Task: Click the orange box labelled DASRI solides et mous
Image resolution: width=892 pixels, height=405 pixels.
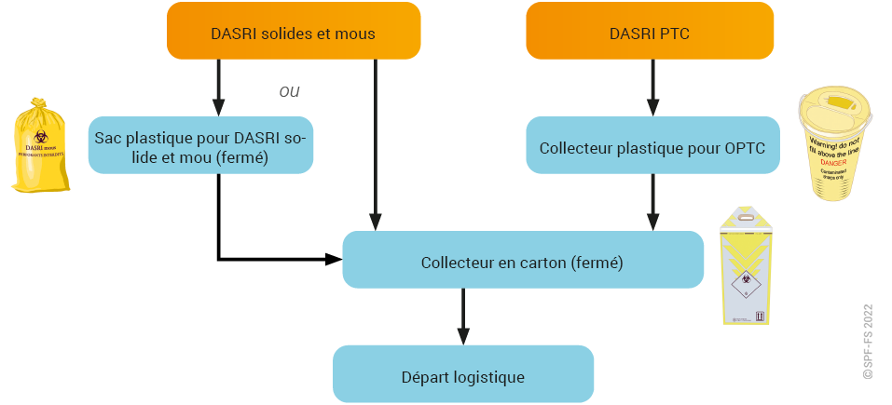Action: (293, 34)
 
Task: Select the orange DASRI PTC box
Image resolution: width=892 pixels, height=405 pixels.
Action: (649, 34)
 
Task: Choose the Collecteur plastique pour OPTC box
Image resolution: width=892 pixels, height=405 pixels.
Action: (652, 147)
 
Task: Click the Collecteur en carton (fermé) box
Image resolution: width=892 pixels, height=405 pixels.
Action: (521, 263)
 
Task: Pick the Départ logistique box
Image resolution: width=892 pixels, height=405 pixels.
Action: (462, 377)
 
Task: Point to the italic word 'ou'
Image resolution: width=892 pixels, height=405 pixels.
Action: (290, 91)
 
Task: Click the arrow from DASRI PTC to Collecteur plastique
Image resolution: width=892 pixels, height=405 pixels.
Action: (651, 88)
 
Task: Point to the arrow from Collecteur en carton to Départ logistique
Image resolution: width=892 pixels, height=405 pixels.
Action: (463, 317)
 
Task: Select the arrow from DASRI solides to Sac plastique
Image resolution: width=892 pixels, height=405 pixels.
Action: (218, 88)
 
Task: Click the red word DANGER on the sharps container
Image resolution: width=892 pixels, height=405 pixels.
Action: (834, 161)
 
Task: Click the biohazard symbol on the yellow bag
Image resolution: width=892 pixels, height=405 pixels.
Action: (41, 137)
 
